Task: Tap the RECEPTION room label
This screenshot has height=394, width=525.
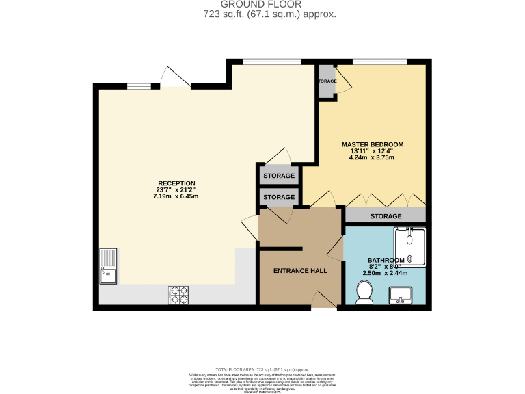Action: (x=176, y=183)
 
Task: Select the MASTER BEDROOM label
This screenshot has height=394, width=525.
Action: (x=372, y=144)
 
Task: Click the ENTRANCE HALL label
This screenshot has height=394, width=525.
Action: (x=300, y=271)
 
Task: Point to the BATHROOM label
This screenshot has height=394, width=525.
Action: (x=386, y=260)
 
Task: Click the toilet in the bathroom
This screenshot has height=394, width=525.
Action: (x=365, y=293)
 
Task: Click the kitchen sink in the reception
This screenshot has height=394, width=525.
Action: (x=109, y=266)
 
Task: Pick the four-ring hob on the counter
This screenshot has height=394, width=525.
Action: (x=178, y=294)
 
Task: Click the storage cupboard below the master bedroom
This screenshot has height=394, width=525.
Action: (x=386, y=216)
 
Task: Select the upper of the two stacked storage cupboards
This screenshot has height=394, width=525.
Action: (x=279, y=176)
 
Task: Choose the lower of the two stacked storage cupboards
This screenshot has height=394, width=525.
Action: (x=279, y=197)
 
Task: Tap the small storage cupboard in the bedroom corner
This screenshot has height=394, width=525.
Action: (x=327, y=81)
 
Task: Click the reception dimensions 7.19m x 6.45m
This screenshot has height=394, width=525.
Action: (x=176, y=197)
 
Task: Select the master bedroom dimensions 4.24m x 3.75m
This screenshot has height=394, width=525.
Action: (x=372, y=158)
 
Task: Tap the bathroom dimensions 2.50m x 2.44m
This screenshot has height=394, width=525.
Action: (x=386, y=273)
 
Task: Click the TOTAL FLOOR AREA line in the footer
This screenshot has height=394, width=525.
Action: (x=262, y=369)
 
